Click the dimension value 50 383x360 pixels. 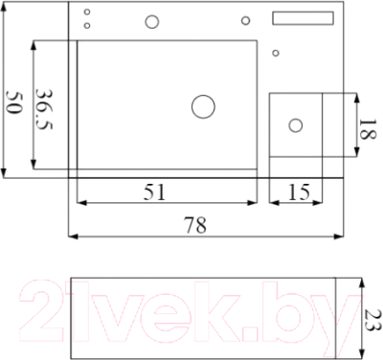coord(13,101)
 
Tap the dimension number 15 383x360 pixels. coord(299,191)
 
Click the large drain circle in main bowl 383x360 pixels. coord(203,107)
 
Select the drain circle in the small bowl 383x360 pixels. coord(296,124)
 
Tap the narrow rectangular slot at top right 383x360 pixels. coord(304,17)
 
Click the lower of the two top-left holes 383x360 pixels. coord(88,25)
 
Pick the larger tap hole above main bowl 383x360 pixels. coord(150,21)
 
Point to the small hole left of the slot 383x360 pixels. coord(245,20)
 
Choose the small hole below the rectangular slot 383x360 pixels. coord(276,53)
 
